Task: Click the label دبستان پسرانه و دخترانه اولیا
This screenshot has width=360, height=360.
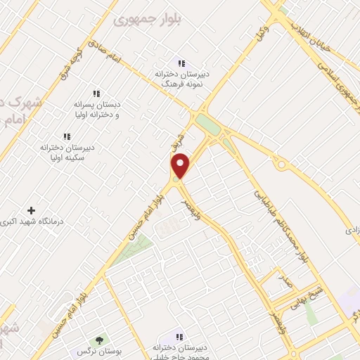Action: (x=97, y=109)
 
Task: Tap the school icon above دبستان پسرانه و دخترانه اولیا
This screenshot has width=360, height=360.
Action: (x=96, y=94)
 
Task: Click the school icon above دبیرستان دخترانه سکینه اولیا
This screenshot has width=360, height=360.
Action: (x=66, y=136)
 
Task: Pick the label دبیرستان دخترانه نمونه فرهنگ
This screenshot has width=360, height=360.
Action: (x=181, y=78)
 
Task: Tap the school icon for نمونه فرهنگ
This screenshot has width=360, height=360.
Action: (x=181, y=63)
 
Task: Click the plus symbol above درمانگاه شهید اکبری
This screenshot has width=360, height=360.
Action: (x=30, y=210)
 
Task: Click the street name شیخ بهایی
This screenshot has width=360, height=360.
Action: (x=328, y=292)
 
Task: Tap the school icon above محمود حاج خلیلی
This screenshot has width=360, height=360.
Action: (x=180, y=337)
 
